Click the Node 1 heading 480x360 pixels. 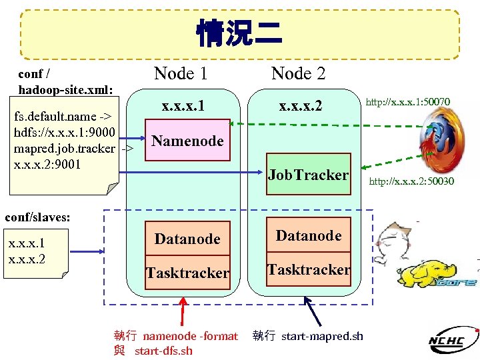[181, 73]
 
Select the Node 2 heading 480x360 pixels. [298, 73]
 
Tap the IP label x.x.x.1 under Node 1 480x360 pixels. [184, 106]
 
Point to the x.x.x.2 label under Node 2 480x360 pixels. [300, 106]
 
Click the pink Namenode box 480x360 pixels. [187, 141]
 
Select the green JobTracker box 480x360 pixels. [308, 175]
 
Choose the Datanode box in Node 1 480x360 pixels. [187, 239]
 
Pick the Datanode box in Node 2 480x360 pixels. [308, 235]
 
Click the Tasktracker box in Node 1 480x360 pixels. [187, 273]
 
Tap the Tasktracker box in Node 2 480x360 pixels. [308, 269]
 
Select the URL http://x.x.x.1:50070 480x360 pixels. [408, 101]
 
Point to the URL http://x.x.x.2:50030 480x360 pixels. [411, 181]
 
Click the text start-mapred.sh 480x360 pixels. [323, 336]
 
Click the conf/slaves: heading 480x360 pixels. [38, 217]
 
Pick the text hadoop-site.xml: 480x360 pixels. [66, 89]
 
